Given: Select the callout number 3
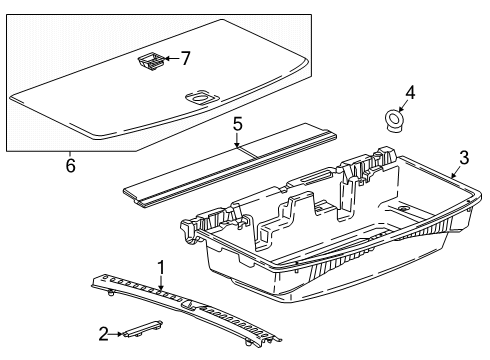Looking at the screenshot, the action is point(464,158).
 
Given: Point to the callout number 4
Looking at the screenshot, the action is point(410,93).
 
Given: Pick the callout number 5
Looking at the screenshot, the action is point(237,124).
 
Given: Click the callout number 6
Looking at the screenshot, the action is point(70,165).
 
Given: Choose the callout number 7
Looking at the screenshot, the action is point(185,58).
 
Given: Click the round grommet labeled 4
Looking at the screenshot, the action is point(393,121).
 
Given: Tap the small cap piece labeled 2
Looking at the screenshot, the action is point(142,329).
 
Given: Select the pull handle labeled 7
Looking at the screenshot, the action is point(151,62).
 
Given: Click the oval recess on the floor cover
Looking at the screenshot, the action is point(201,99).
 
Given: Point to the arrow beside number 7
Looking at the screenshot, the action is point(172,59).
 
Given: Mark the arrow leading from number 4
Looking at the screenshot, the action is point(403,106).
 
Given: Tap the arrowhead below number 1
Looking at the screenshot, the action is point(161,288).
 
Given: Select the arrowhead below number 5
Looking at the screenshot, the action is point(237,145).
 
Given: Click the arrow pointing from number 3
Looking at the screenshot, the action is point(455,172).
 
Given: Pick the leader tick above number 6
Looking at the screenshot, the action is point(70,154).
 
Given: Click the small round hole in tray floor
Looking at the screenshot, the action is point(403,209).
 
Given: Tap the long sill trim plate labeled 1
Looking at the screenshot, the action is point(186,307).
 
